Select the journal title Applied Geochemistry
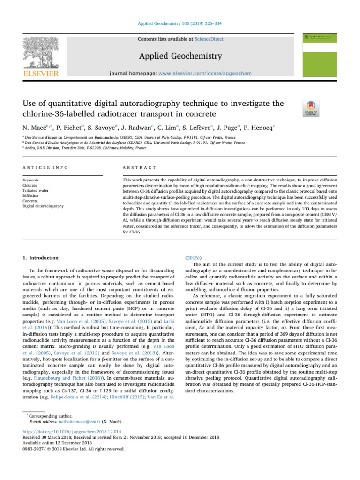click(x=180, y=57)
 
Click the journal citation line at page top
click(x=180, y=22)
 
